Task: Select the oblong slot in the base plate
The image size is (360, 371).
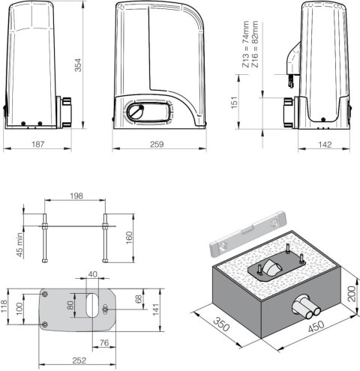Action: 91,307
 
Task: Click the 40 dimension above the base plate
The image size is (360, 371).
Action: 92,274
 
